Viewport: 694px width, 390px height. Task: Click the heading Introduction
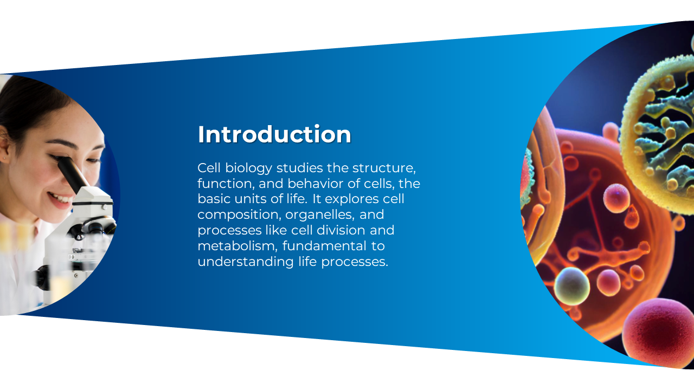tap(274, 134)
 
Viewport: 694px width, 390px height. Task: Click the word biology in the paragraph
tap(248, 168)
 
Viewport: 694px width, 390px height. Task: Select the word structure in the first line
tap(384, 168)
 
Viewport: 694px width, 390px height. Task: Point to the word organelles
tap(320, 214)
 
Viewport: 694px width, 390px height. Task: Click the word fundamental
tap(324, 246)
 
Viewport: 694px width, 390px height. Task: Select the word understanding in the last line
tap(246, 262)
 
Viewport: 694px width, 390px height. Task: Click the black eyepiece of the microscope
tap(73, 175)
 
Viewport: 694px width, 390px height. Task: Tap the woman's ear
tap(4, 146)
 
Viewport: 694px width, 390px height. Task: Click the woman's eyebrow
tap(67, 144)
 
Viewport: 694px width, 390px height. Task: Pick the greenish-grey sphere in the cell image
tap(572, 286)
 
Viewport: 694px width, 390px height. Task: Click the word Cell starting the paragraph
tap(209, 168)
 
